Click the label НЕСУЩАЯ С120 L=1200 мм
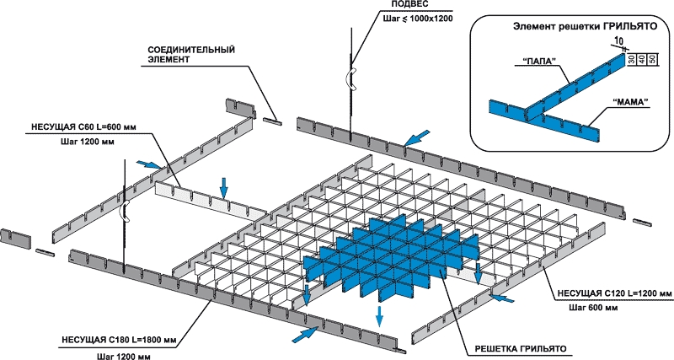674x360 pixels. pos(612,293)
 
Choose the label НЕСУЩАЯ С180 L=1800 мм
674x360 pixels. pos(119,341)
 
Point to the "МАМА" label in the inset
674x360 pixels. pos(633,102)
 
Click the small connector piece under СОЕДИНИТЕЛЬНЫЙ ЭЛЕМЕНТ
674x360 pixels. pos(270,121)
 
